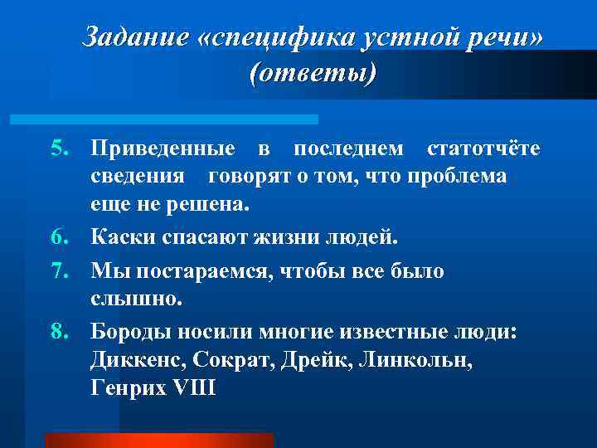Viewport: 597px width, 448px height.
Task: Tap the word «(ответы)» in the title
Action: [312, 74]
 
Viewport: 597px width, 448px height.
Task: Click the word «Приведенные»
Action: [163, 149]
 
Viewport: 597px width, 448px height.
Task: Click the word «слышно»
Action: [132, 299]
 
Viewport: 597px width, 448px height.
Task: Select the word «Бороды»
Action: [132, 333]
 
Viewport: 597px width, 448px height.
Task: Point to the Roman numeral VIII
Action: [192, 389]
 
